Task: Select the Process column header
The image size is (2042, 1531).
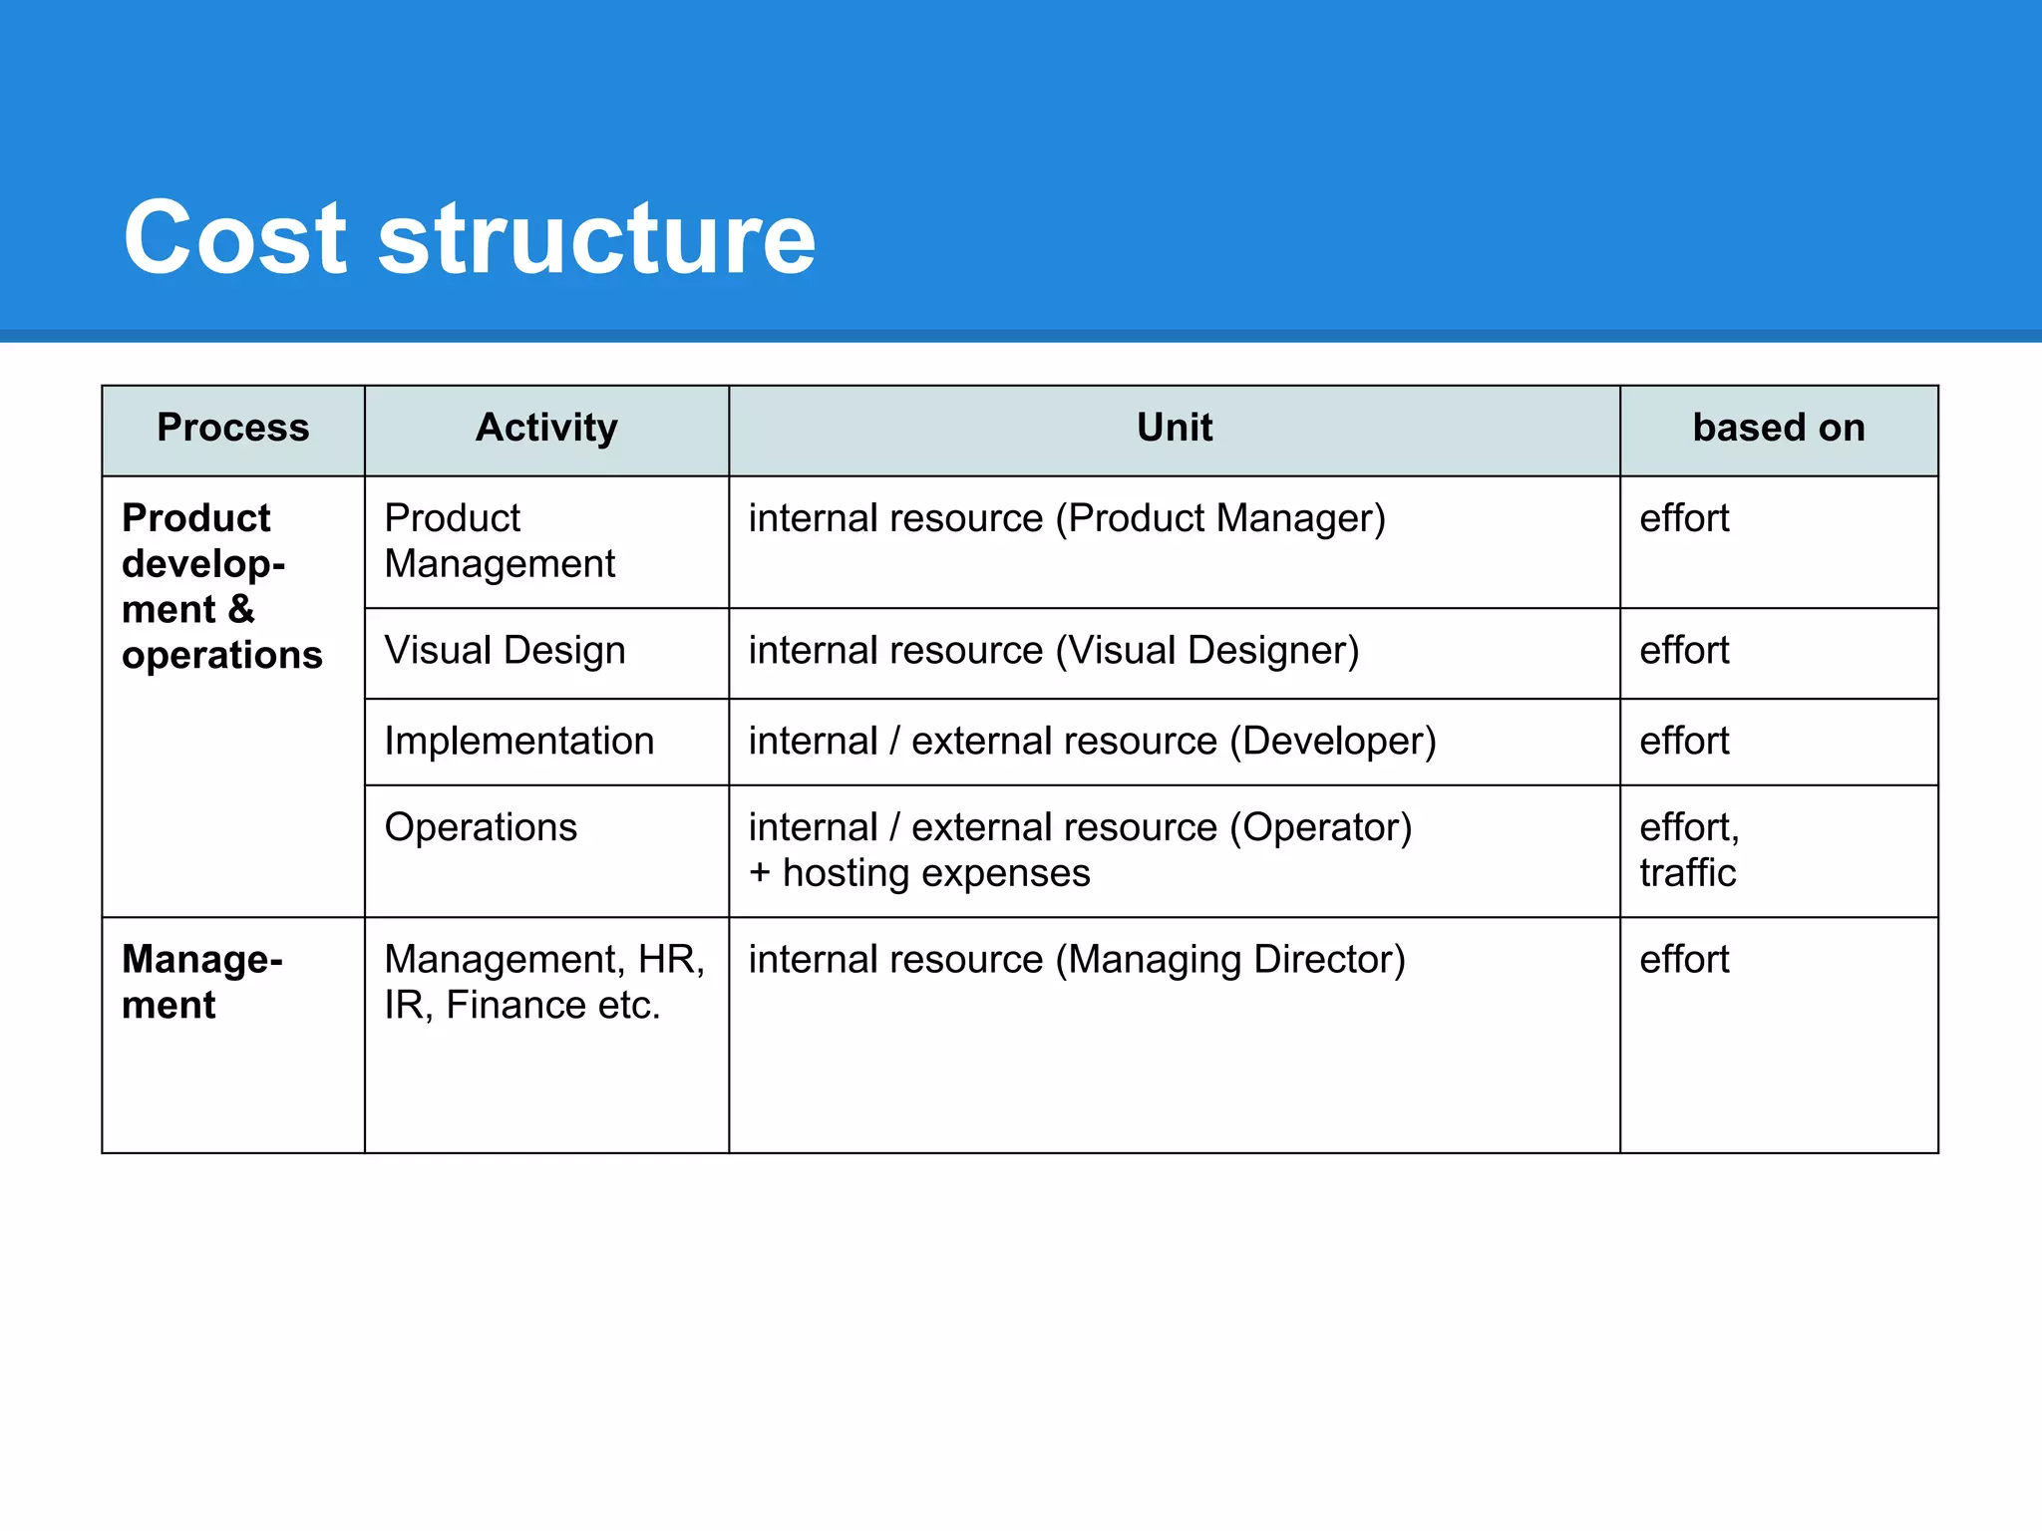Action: [x=232, y=428]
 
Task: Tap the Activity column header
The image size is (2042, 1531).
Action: [x=546, y=428]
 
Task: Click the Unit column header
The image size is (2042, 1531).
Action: [x=1174, y=428]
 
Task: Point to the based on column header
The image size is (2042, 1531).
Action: [x=1778, y=428]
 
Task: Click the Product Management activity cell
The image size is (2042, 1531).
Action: [x=500, y=541]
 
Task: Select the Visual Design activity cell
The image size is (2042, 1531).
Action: [x=505, y=651]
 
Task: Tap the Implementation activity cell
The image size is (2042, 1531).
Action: [x=518, y=742]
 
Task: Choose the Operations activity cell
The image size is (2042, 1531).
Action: [x=481, y=828]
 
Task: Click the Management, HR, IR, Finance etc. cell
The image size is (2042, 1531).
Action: [x=544, y=982]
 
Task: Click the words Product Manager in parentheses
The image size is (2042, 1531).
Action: [x=1220, y=519]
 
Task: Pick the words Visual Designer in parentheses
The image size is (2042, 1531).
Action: [x=1206, y=651]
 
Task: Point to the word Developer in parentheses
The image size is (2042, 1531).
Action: [x=1332, y=742]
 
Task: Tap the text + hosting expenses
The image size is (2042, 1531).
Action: [x=919, y=874]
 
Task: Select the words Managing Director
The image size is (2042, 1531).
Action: [x=1230, y=960]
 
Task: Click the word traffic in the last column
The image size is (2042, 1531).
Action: [x=1687, y=874]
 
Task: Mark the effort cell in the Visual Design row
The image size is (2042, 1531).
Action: [x=1684, y=651]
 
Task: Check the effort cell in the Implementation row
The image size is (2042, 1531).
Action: [x=1684, y=742]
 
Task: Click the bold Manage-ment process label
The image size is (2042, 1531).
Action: [x=201, y=982]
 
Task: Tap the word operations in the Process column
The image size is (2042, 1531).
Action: [x=221, y=656]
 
